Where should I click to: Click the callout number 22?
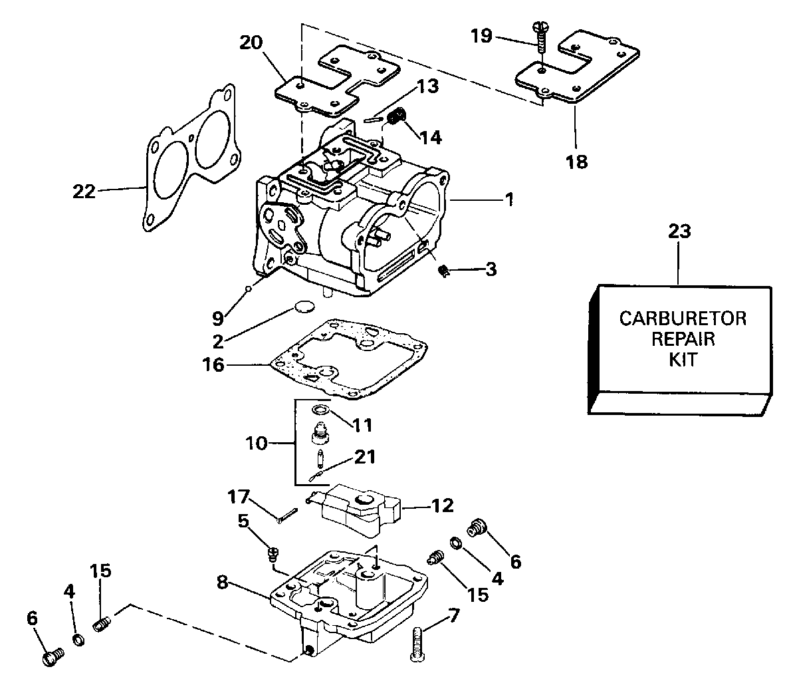coord(84,192)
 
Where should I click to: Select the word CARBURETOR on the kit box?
coord(682,318)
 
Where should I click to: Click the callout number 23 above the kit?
coord(679,232)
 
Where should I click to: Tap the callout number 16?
coord(215,364)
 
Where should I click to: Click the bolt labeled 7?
coord(417,644)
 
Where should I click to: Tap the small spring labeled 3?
coord(446,270)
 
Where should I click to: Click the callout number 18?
coord(577,161)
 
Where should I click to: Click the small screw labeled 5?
coord(273,551)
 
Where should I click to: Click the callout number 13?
coord(427,86)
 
